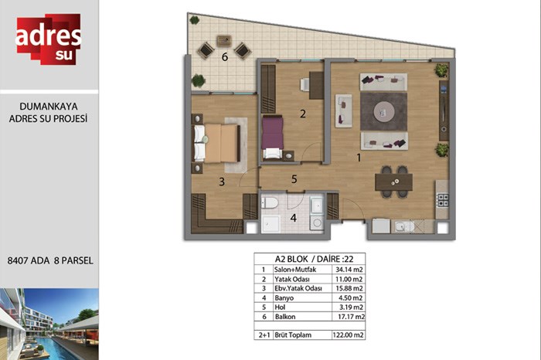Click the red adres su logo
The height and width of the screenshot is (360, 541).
click(48, 39)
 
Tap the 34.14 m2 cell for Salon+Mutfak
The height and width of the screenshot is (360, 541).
click(349, 270)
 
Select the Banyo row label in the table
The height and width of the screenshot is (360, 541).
click(284, 298)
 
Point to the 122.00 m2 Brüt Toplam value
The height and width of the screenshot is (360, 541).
click(348, 335)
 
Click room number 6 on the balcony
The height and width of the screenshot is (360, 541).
click(225, 57)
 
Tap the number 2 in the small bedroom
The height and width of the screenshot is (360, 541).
click(303, 114)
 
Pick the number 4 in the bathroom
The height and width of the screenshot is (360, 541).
click(293, 218)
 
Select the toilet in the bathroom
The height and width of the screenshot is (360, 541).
click(270, 202)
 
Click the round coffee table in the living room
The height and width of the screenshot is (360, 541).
click(384, 111)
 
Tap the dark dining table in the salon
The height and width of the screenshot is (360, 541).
click(393, 182)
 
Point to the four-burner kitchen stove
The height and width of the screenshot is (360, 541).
click(443, 200)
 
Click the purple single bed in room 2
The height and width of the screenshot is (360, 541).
click(273, 138)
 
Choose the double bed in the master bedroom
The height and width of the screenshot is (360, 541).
click(216, 143)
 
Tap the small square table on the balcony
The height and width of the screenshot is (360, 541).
click(224, 42)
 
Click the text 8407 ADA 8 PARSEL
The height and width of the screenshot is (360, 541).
click(50, 260)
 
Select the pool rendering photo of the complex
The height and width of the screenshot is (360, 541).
click(49, 324)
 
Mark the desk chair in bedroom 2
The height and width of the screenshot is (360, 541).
click(305, 84)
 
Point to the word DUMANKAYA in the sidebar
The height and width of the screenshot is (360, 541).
click(49, 107)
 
